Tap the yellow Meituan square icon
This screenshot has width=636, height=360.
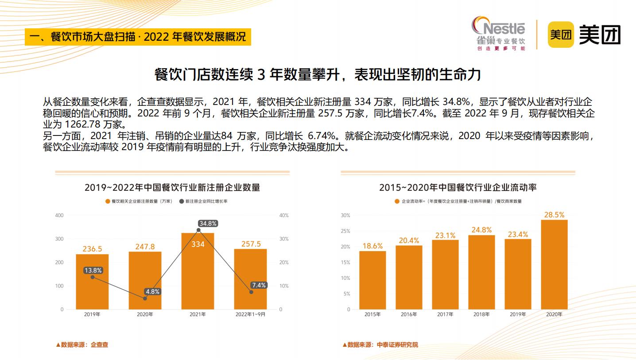[561, 35]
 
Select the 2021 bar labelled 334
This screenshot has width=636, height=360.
[198, 271]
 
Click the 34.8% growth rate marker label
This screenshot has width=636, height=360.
[208, 223]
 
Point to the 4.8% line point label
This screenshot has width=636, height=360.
[152, 292]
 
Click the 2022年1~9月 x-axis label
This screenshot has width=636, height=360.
[251, 314]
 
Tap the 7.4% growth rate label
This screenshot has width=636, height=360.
[259, 285]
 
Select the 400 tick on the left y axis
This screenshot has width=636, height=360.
[59, 215]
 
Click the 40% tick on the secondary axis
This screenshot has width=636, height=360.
[284, 215]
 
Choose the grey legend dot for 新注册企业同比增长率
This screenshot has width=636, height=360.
[182, 201]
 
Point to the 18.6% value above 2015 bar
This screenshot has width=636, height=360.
[372, 246]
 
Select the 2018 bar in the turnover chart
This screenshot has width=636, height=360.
[481, 272]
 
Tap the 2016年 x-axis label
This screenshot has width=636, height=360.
[409, 314]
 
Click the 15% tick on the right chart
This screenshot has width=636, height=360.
[345, 262]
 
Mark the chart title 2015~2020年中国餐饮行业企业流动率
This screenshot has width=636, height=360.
[458, 187]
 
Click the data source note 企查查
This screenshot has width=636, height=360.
[82, 345]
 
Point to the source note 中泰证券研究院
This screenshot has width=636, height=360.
[380, 345]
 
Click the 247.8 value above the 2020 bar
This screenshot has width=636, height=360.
[145, 247]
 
